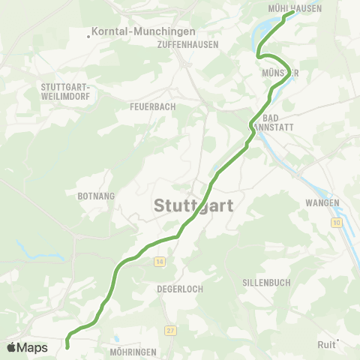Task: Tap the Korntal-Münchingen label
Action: coord(143,32)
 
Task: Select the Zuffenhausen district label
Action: coord(188,44)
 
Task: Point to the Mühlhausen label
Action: coord(295,9)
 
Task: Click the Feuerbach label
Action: coord(152,106)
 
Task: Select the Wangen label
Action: coord(322,203)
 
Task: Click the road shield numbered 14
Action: coord(160,261)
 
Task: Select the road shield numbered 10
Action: coord(337,223)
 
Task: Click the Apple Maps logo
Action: coord(27,347)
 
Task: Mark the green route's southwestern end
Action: coord(67,347)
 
